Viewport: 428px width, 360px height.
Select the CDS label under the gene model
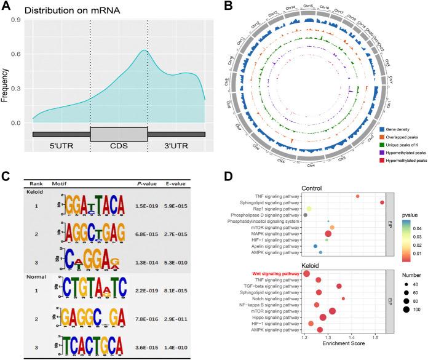point(119,148)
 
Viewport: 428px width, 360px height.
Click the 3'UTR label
point(176,148)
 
